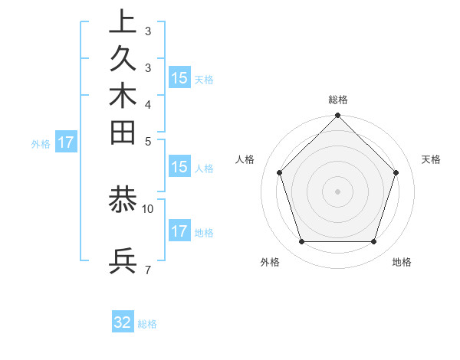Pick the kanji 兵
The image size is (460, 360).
pos(123,261)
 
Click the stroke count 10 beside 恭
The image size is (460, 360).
pos(148,208)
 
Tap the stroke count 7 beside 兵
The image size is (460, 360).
pos(147,269)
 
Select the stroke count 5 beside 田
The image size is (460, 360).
pos(147,140)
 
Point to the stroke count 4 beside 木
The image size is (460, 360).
pos(147,103)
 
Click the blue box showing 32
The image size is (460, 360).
pos(123,322)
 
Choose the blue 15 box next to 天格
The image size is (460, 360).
pos(179,78)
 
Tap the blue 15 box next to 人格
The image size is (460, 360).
pos(179,168)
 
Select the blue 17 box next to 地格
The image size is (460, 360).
pos(179,231)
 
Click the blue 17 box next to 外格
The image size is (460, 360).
pos(66,142)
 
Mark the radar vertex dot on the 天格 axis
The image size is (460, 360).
pos(396,172)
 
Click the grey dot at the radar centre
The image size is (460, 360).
pos(338,191)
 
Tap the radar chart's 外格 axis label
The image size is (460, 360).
pos(270,263)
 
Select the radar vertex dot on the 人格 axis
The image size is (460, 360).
pos(280,172)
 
